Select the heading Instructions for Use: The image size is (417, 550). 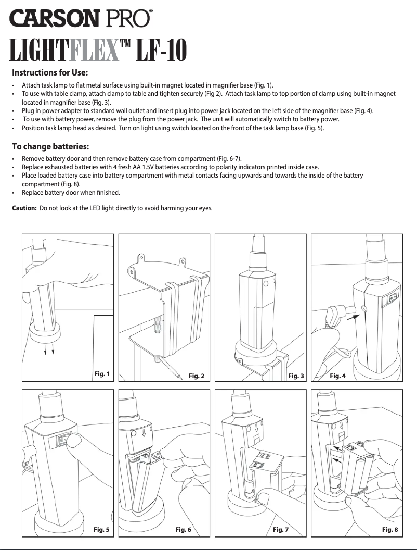pyautogui.click(x=50, y=72)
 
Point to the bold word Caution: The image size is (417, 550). pyautogui.click(x=24, y=209)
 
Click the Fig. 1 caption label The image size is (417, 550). pyautogui.click(x=102, y=373)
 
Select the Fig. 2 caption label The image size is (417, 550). pyautogui.click(x=196, y=376)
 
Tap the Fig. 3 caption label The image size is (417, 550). pyautogui.click(x=295, y=376)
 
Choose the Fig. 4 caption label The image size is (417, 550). pyautogui.click(x=337, y=376)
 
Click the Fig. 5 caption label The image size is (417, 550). pyautogui.click(x=101, y=530)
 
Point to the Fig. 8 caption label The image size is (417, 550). pyautogui.click(x=390, y=530)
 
